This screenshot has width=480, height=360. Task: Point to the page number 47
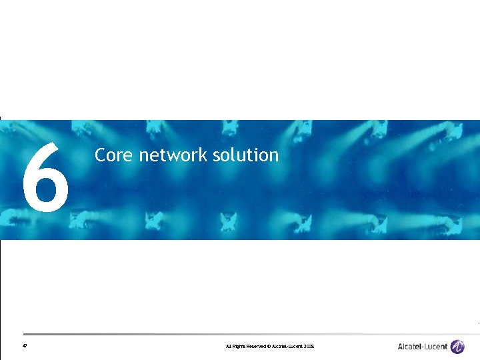click(x=25, y=347)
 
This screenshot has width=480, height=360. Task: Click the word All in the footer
click(x=228, y=347)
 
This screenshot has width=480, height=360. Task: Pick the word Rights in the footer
click(x=238, y=347)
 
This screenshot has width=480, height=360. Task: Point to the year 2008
click(x=309, y=347)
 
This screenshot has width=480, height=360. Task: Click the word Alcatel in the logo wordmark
click(x=409, y=347)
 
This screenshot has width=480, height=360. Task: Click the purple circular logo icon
click(x=457, y=347)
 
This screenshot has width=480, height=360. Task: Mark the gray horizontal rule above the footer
click(x=240, y=334)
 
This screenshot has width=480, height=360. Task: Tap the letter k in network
click(x=204, y=155)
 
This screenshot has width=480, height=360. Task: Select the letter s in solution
click(x=217, y=156)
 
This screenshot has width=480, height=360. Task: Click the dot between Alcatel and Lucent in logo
click(x=422, y=347)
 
